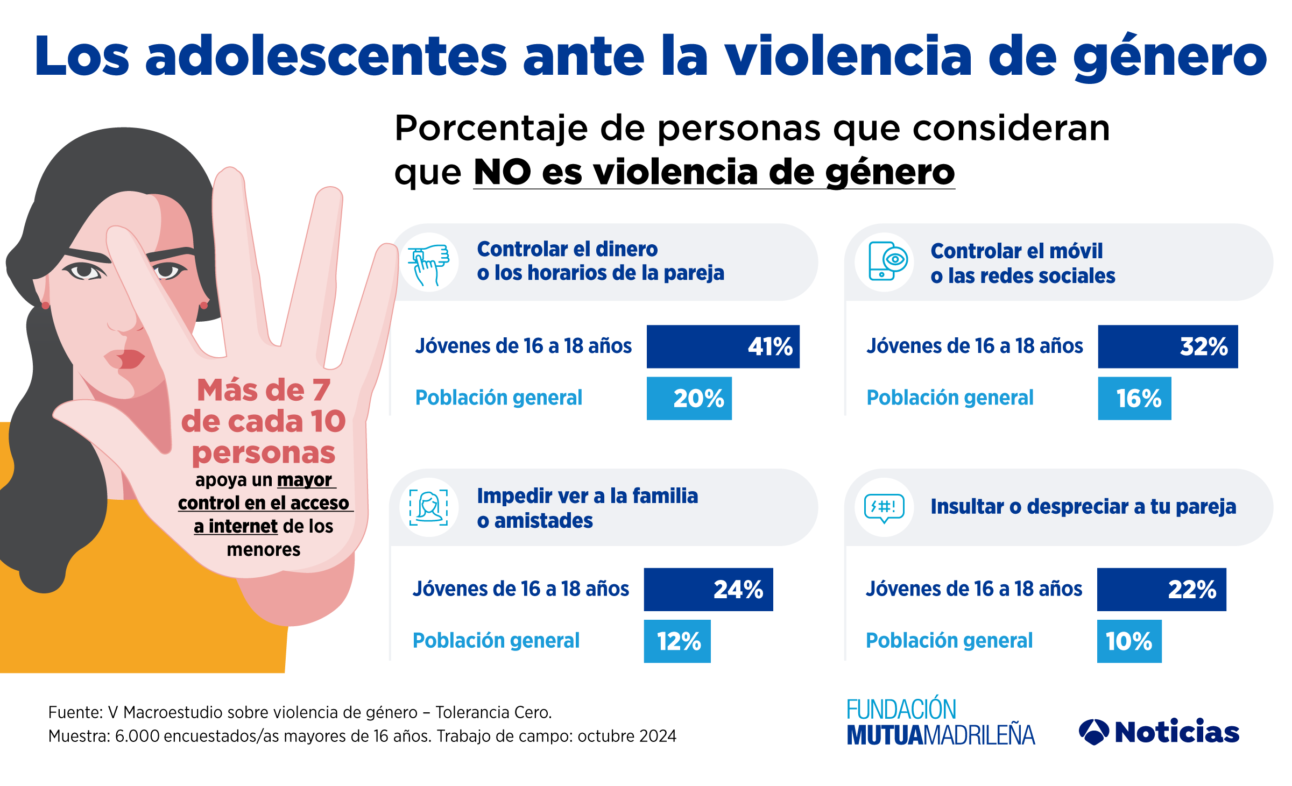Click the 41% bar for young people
pos(723,346)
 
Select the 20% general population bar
pos(689,398)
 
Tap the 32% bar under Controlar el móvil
pos(1168,346)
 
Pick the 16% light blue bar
pos(1134,398)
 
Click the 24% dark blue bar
pos(708,589)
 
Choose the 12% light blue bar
pos(677,641)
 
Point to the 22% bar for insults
pos(1161,589)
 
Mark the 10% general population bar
pos(1129,641)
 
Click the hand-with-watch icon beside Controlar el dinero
pos(429,263)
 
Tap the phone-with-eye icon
pos(885,262)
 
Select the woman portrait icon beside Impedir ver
pos(429,507)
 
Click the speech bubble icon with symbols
pos(884,507)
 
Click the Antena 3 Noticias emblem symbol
pos(1093,732)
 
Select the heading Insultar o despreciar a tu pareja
pos(1083,507)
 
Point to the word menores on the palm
pos(264,550)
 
